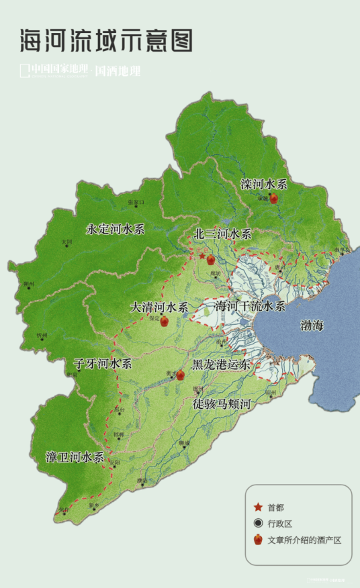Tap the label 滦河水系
[264, 183]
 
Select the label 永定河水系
[116, 229]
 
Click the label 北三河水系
[222, 234]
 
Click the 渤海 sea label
[312, 326]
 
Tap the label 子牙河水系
[103, 364]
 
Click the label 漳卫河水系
[75, 458]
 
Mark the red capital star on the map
[201, 256]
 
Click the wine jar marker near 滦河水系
[273, 198]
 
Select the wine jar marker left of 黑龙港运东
[180, 375]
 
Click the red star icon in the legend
[257, 507]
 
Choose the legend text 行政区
[280, 523]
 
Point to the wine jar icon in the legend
[257, 540]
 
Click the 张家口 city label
[136, 202]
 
